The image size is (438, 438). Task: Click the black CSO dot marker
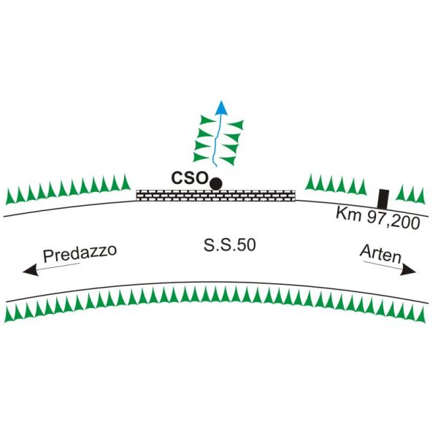pos(216,184)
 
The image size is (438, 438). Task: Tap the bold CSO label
pos(190,178)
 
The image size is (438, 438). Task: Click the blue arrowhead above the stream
pos(222,107)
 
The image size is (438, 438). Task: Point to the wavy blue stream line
pos(217,140)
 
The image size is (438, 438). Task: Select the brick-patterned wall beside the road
pos(215,195)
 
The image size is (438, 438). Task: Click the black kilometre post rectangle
pos(383,199)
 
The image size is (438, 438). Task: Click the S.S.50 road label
pos(230,245)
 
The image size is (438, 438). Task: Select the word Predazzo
pos(80,253)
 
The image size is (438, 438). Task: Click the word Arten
pos(381,254)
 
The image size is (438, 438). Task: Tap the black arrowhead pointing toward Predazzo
pos(31,270)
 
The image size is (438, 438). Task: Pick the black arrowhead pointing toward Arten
pos(408,270)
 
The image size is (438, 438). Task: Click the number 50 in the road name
pos(247,245)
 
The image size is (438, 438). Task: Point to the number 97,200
pos(393,220)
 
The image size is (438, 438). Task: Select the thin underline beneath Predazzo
pos(58,266)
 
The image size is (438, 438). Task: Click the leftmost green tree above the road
pos(9,197)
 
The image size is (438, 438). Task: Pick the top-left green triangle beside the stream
pos(207,120)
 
